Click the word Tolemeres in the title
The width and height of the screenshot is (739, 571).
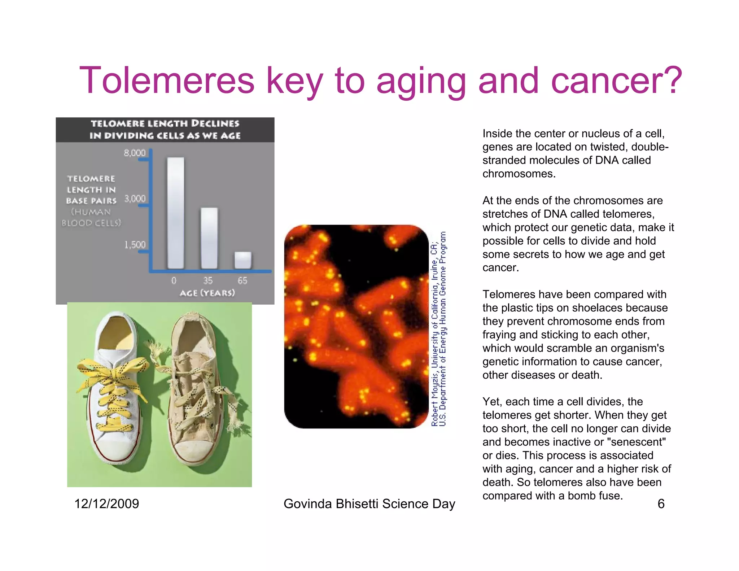tap(167, 80)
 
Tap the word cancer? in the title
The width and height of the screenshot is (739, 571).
tap(616, 80)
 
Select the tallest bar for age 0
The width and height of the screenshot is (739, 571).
tap(176, 213)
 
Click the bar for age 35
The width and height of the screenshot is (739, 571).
tap(209, 238)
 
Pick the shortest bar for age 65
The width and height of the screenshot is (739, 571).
tap(243, 260)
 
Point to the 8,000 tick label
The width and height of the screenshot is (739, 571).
tap(135, 153)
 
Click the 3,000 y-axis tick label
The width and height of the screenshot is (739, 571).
tap(135, 199)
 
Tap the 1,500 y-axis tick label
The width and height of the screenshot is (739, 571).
tap(135, 245)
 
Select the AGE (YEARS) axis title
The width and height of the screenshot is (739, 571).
tap(207, 293)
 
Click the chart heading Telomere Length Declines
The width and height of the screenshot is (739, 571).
tap(165, 124)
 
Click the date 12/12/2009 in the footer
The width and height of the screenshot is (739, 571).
tap(106, 504)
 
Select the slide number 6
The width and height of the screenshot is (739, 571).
tap(661, 504)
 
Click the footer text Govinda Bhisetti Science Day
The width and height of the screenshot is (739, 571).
tap(369, 504)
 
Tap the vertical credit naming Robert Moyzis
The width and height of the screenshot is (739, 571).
tap(435, 328)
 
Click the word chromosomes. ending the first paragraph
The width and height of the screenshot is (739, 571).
tap(519, 174)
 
